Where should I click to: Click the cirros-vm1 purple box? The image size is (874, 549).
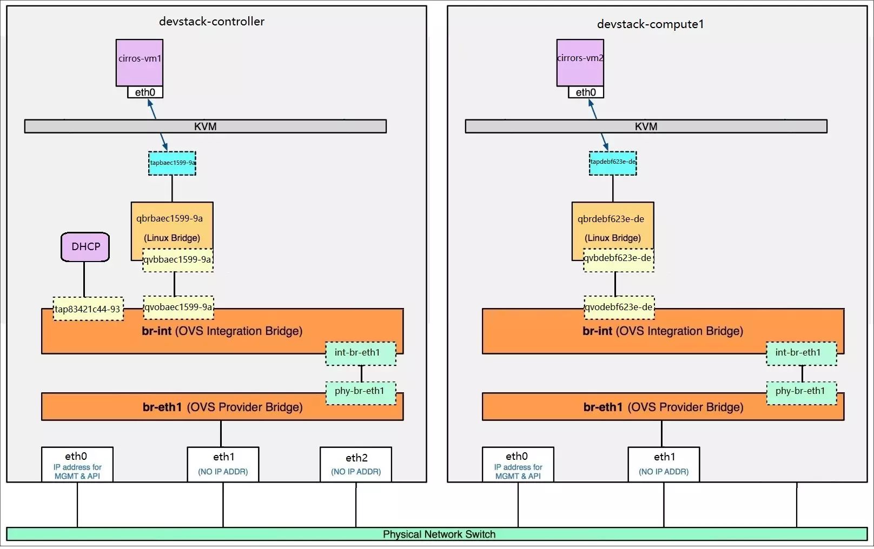coord(140,62)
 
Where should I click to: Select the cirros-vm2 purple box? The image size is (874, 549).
coord(580,62)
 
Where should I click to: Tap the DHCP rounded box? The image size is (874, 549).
coord(85,247)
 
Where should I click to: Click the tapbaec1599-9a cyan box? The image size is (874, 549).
coord(172,163)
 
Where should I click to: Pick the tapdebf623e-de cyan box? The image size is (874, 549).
coord(613,163)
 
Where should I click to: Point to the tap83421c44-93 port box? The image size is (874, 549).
coord(88,309)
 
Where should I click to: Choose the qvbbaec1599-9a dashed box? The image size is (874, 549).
coord(178,260)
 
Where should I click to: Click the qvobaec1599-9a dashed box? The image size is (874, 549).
coord(178,307)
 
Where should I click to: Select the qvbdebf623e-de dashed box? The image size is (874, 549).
coord(618,260)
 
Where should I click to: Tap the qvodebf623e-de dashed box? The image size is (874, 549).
coord(619,307)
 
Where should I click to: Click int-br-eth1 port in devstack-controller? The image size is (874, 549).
coord(361,353)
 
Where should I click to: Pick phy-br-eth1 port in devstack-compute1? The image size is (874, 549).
coord(802,393)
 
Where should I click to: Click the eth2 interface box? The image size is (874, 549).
coord(356,464)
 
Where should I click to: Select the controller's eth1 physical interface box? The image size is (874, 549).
coord(223,464)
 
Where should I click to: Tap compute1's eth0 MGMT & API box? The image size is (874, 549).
coord(518,464)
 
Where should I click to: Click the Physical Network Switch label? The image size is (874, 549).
coord(439,534)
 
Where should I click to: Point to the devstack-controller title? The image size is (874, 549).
coord(211,22)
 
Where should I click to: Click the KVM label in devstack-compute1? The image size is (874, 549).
coord(646,126)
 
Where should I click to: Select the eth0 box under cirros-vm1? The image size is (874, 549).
coord(145,92)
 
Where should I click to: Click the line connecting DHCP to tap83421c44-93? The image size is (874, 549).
coord(84,279)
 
